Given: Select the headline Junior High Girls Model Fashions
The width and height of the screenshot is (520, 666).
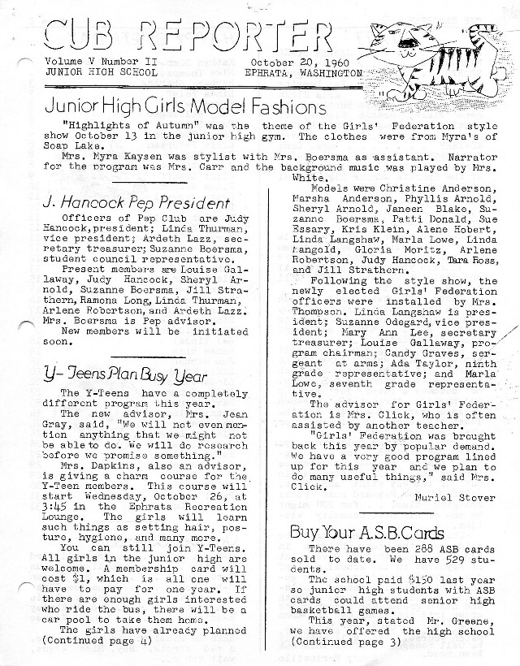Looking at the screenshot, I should (186, 106).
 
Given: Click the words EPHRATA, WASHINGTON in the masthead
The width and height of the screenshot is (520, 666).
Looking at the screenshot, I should (303, 72).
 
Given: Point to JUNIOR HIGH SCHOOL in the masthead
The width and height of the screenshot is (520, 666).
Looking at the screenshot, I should (94, 72).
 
